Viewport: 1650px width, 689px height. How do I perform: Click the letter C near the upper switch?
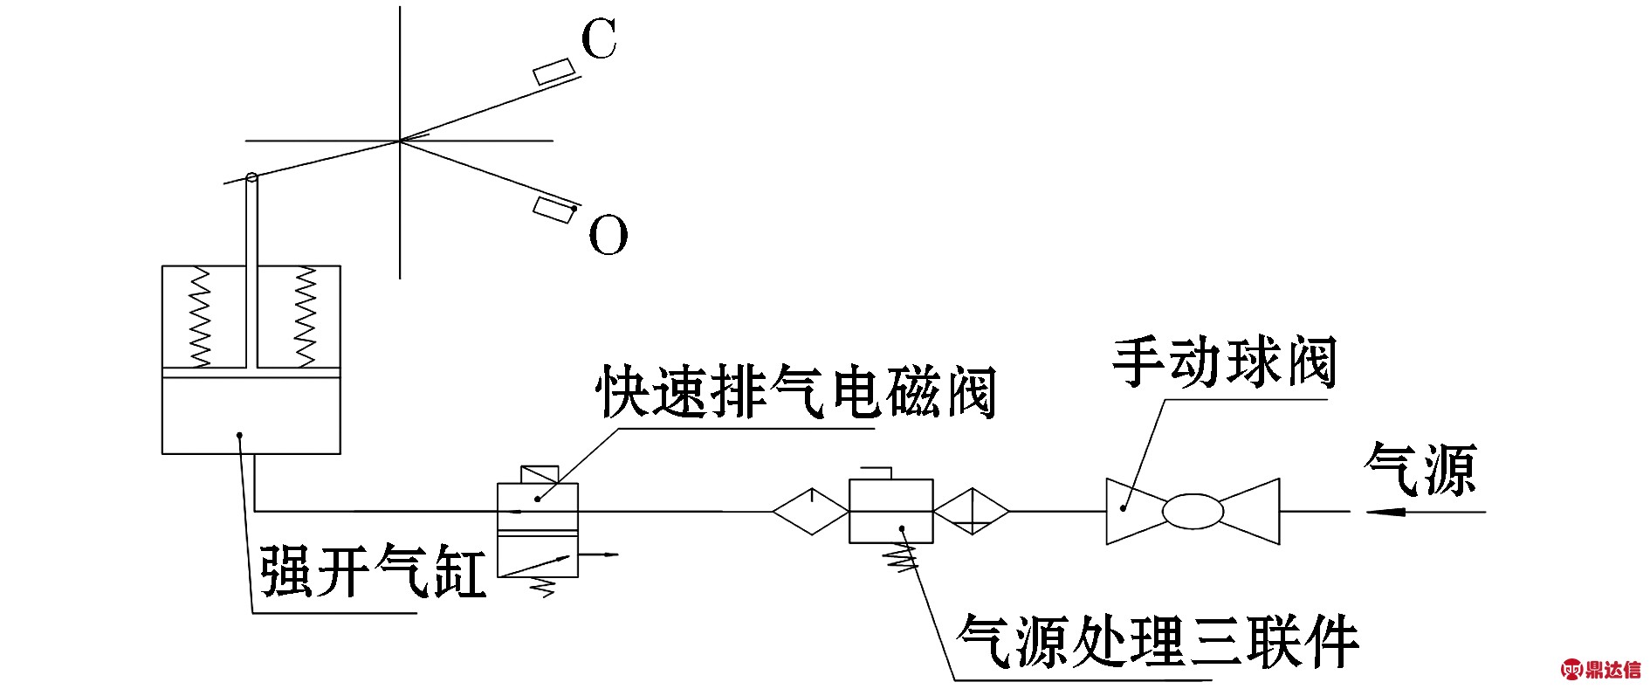tap(599, 40)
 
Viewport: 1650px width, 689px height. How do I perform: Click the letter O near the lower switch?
tap(608, 235)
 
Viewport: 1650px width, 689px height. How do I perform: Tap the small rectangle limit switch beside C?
tap(553, 72)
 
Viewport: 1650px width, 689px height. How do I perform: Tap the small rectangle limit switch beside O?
tap(553, 210)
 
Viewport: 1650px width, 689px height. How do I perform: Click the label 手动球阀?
tap(1224, 362)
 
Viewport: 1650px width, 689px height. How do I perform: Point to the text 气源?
tap(1420, 469)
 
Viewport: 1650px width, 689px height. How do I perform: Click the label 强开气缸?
tap(374, 572)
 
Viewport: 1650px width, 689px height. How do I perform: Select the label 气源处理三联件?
tap(1158, 643)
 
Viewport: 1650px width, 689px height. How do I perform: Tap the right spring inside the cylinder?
tap(305, 316)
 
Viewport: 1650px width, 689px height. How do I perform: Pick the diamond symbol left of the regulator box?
tap(810, 511)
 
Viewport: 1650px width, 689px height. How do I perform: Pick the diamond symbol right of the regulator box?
tap(972, 511)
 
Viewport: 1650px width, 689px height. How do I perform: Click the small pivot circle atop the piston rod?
tap(252, 178)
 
